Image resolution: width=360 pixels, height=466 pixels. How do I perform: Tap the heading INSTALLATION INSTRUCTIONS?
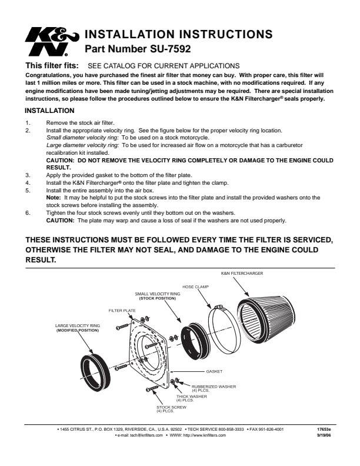179,34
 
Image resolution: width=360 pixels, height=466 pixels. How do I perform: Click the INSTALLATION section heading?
49,111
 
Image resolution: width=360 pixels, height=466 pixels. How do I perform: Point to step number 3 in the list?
27,175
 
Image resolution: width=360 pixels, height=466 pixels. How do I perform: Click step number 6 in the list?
27,212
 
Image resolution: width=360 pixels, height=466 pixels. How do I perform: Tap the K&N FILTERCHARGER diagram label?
242,274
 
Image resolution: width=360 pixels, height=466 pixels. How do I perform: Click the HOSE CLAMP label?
195,287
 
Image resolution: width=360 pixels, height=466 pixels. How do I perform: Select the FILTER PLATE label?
122,310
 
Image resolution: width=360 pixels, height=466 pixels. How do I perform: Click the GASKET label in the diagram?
214,372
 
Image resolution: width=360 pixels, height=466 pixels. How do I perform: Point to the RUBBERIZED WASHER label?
214,387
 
